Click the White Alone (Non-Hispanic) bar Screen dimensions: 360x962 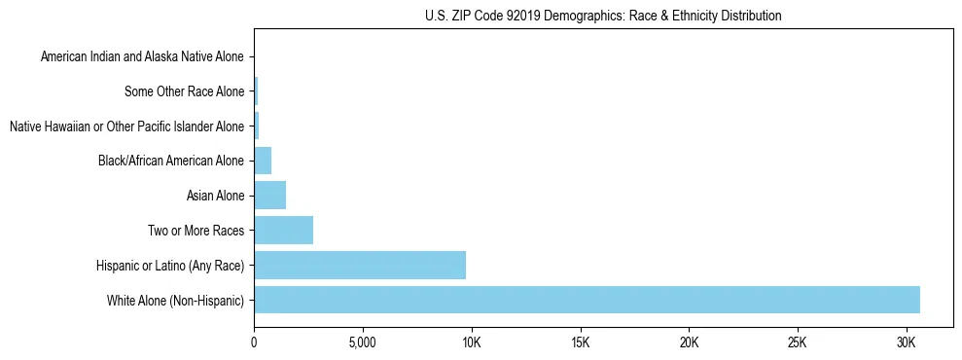(587, 300)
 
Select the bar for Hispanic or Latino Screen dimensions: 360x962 (360, 265)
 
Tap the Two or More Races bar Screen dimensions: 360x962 (283, 231)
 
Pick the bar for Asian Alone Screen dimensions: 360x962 (269, 196)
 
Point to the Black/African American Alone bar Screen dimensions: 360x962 (263, 161)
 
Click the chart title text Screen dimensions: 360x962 (603, 16)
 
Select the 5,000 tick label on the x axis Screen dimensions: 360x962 (362, 342)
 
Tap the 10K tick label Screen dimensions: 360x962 (472, 342)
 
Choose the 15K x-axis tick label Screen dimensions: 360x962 (581, 342)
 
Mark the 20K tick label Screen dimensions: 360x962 (689, 342)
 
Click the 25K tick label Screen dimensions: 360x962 (798, 342)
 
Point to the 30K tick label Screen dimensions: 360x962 (907, 342)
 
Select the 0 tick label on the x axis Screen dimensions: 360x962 (254, 342)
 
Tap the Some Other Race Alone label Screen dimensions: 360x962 (185, 92)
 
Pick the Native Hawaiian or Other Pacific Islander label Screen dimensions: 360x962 (126, 126)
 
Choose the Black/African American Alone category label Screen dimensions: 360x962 (171, 162)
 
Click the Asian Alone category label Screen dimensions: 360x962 (215, 197)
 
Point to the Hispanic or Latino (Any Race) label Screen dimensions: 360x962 (170, 266)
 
